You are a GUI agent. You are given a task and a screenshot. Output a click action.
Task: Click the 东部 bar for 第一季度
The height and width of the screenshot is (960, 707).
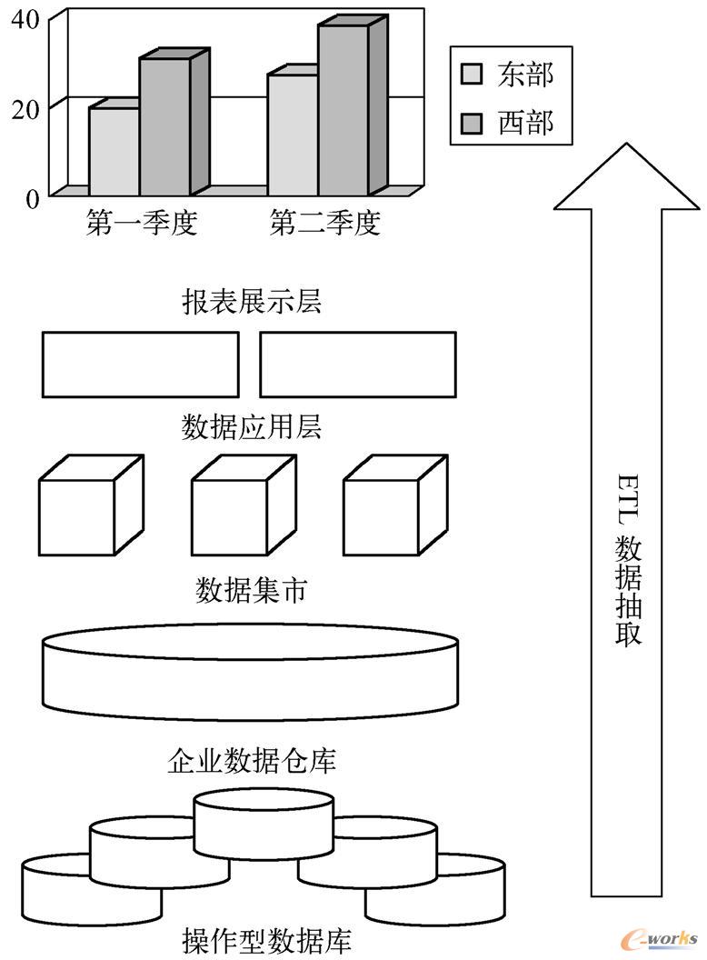tap(114, 151)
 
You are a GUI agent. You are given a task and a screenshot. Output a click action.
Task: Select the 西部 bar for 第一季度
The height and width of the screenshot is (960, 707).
tap(164, 126)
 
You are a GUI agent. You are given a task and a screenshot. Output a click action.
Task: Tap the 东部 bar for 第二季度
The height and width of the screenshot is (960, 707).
tap(292, 135)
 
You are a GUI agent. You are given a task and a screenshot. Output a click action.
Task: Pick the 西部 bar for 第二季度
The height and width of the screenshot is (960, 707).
tap(343, 110)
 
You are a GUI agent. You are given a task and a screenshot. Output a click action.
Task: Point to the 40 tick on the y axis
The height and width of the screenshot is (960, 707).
tap(25, 19)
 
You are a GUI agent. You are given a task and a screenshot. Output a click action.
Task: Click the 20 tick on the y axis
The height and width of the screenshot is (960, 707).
tap(25, 107)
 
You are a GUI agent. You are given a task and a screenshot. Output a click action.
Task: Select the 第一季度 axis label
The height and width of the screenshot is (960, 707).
tap(142, 223)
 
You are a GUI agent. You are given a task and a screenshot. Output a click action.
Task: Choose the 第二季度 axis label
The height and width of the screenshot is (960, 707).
tap(324, 223)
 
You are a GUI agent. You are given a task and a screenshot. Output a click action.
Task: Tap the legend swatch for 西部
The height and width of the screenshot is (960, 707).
tap(472, 122)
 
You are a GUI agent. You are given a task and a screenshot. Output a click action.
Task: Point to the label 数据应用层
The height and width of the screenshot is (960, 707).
tap(251, 426)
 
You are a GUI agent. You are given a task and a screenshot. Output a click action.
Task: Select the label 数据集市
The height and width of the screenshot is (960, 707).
tap(252, 591)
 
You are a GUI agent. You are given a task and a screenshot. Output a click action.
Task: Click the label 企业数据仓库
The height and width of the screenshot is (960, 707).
tap(252, 759)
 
